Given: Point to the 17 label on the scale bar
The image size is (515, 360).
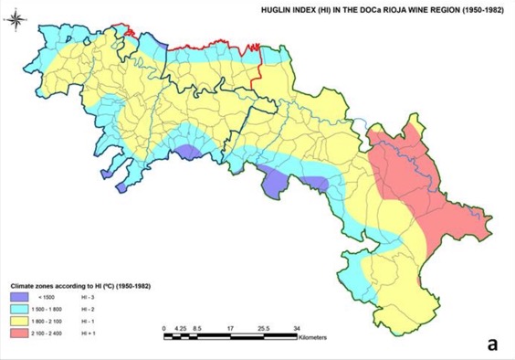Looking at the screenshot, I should pos(231,327).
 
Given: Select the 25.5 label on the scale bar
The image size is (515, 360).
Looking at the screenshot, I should pos(265,327).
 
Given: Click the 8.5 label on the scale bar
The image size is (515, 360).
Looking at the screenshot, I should pos(197,327).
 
